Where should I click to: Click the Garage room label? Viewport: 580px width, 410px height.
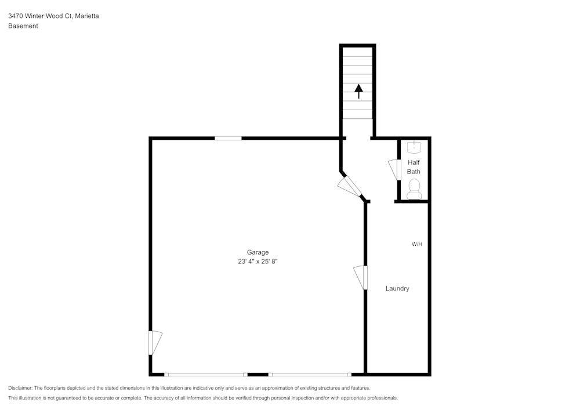tap(258, 252)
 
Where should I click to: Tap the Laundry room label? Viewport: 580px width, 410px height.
tap(397, 288)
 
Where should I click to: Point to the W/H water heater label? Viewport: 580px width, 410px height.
tap(417, 244)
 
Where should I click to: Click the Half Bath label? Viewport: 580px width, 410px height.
tap(414, 167)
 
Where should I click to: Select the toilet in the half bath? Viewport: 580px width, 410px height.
tap(414, 188)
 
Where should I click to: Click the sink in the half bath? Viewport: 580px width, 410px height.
tap(414, 147)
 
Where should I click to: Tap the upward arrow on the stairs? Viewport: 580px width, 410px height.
tap(358, 91)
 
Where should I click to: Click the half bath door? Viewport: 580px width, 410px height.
tap(396, 170)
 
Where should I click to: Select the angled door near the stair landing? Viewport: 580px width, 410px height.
tap(350, 186)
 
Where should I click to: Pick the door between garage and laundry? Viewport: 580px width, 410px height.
tap(361, 277)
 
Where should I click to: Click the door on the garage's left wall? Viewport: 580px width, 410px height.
tap(154, 342)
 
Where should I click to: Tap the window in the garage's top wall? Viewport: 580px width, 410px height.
tap(228, 138)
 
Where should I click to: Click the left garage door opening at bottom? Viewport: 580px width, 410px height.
tap(206, 375)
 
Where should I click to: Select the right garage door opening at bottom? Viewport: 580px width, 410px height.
tap(310, 375)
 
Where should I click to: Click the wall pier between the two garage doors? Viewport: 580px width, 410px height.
tap(258, 375)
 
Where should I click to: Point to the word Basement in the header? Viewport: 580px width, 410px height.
tap(23, 26)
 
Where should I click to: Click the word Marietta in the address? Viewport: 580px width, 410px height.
tap(86, 16)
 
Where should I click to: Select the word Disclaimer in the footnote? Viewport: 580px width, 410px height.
tap(20, 388)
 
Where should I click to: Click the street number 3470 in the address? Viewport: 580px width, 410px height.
tap(16, 16)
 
